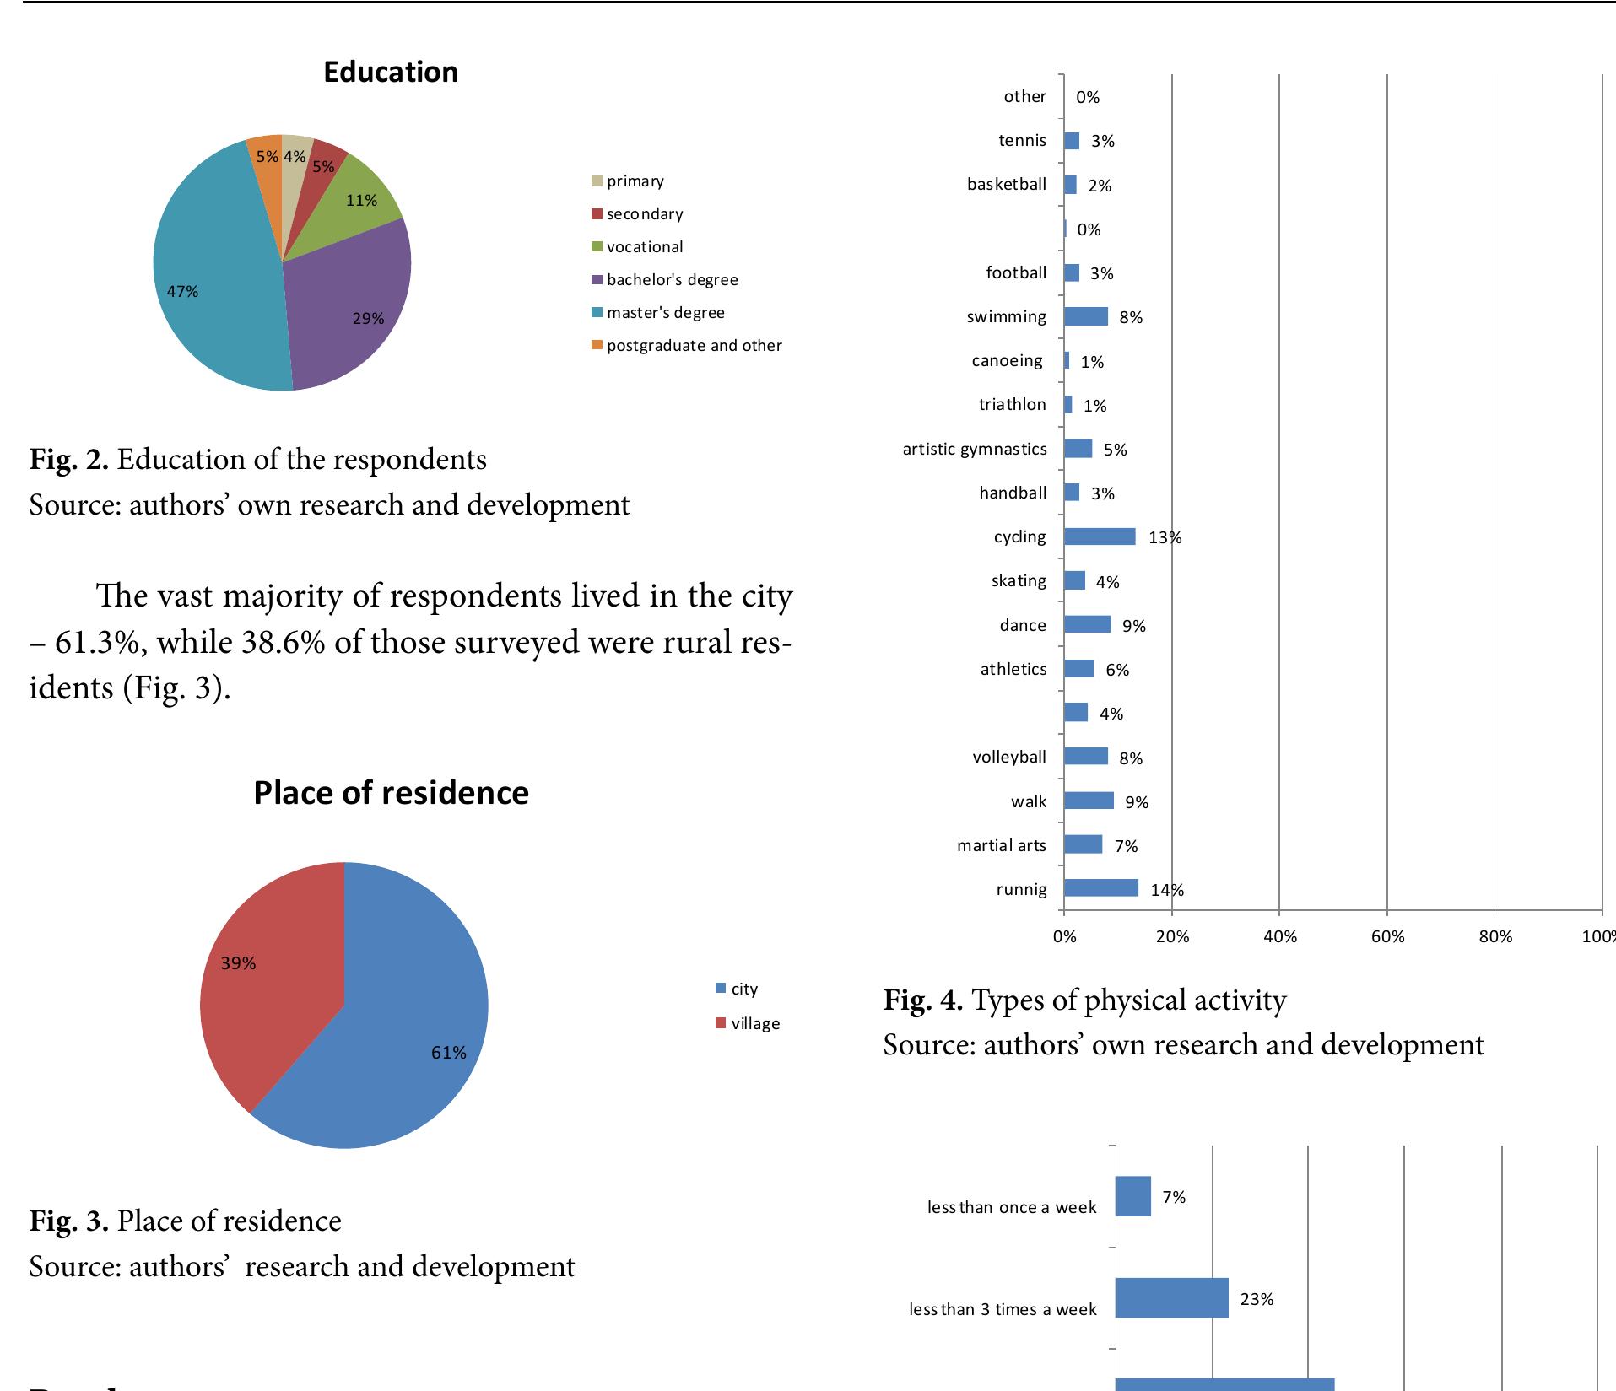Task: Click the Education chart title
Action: (x=391, y=73)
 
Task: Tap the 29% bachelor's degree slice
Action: (x=354, y=312)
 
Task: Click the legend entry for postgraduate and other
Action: (x=687, y=346)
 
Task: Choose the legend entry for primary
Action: (x=628, y=181)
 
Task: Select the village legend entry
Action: (x=748, y=1023)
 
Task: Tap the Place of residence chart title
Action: (x=391, y=793)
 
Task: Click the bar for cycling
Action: (x=1100, y=536)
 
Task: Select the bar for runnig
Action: (x=1101, y=887)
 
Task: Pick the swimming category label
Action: (x=1007, y=317)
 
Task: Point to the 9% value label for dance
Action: (x=1134, y=626)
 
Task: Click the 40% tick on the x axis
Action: (x=1280, y=936)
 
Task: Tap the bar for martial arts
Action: (x=1083, y=844)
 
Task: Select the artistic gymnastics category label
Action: (x=975, y=449)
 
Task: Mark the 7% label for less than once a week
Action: (x=1175, y=1197)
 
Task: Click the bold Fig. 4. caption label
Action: (x=923, y=1000)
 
